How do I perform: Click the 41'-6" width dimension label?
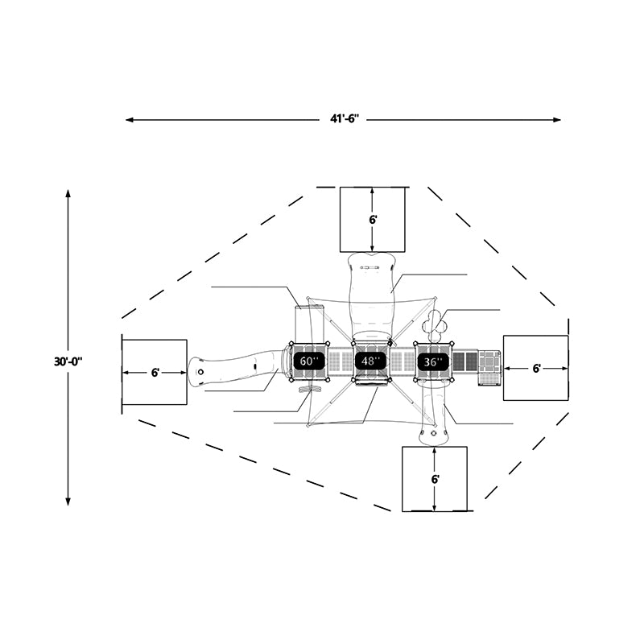345,119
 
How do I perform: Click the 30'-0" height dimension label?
68,361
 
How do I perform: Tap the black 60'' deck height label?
309,361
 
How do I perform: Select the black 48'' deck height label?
370,361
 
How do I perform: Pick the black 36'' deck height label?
433,361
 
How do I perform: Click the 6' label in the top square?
373,220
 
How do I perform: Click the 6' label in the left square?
155,373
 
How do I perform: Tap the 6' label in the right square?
536,369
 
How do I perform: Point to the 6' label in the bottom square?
436,479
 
